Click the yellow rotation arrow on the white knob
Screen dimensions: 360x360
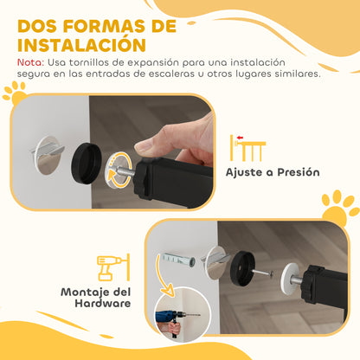pyautogui.click(x=117, y=170)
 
